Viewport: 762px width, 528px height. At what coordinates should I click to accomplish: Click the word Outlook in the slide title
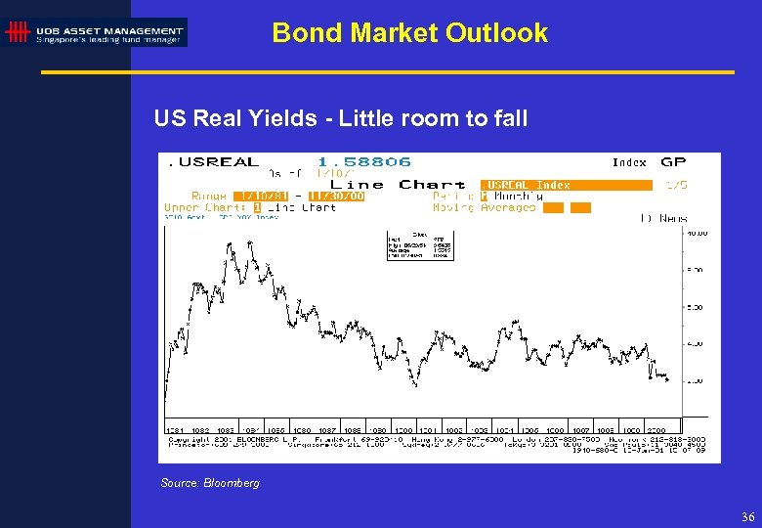[496, 32]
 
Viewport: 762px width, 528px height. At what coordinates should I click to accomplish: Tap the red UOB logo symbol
[17, 33]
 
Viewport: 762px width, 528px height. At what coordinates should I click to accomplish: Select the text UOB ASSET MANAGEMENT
[108, 29]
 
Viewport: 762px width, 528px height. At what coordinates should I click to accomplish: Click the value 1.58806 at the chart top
[363, 161]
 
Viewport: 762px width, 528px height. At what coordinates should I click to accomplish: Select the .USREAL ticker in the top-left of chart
[214, 161]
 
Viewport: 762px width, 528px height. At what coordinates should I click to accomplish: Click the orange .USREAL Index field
[566, 184]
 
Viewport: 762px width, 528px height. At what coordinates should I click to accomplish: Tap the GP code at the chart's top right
[673, 161]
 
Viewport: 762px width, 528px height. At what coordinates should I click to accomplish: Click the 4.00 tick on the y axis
[695, 343]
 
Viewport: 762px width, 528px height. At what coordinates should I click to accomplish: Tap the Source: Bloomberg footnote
[210, 483]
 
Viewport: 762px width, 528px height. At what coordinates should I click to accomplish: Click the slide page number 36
[747, 516]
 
